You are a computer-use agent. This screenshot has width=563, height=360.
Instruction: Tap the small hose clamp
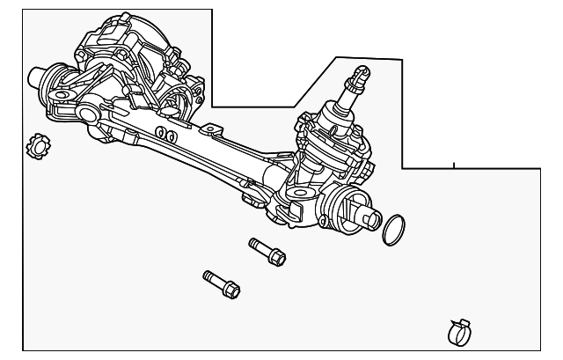[457, 332]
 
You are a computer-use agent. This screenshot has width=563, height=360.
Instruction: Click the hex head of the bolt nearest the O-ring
[276, 258]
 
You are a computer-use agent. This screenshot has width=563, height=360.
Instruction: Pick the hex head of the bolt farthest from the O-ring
[230, 289]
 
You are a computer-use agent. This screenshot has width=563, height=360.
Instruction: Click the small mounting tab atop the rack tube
[209, 129]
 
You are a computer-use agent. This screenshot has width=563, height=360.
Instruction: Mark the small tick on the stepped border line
[454, 165]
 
